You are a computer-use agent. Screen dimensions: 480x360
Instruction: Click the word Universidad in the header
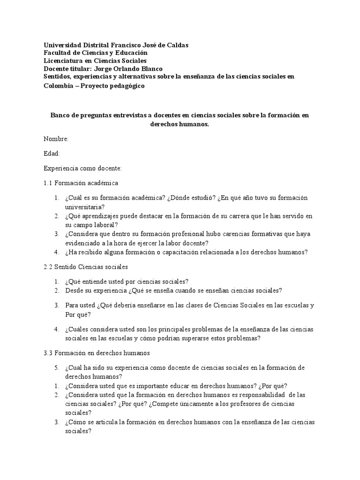pyautogui.click(x=62, y=45)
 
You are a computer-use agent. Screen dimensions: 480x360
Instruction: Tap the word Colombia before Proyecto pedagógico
pyautogui.click(x=58, y=86)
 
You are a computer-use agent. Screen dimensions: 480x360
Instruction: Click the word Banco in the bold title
pyautogui.click(x=60, y=115)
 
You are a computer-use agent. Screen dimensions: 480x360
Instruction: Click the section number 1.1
pyautogui.click(x=48, y=182)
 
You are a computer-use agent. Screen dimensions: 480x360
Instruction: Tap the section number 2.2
pyautogui.click(x=48, y=267)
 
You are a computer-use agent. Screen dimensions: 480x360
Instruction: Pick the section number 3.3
pyautogui.click(x=48, y=352)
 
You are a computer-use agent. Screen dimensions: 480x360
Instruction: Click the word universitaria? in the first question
pyautogui.click(x=85, y=206)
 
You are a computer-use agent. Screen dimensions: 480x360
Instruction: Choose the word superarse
pyautogui.click(x=208, y=338)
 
